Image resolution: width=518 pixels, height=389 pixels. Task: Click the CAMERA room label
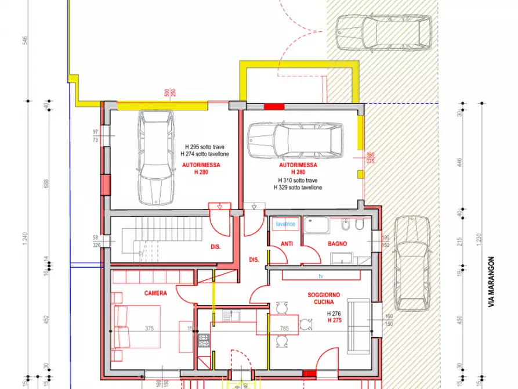[155, 293]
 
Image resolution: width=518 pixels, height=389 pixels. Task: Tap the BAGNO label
[337, 244]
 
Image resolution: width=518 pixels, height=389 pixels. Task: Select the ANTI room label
[286, 244]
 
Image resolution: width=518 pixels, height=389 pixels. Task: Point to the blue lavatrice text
[285, 224]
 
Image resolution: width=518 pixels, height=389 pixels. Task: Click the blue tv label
[320, 275]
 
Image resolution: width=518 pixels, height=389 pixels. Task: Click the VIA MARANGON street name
[492, 281]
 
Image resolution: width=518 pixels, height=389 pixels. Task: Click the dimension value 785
[284, 327]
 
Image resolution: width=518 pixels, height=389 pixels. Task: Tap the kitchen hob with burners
[204, 340]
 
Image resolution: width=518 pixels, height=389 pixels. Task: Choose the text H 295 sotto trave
[205, 147]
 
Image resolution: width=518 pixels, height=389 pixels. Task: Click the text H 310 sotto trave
[298, 181]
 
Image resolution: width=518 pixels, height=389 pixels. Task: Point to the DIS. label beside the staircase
[216, 247]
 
